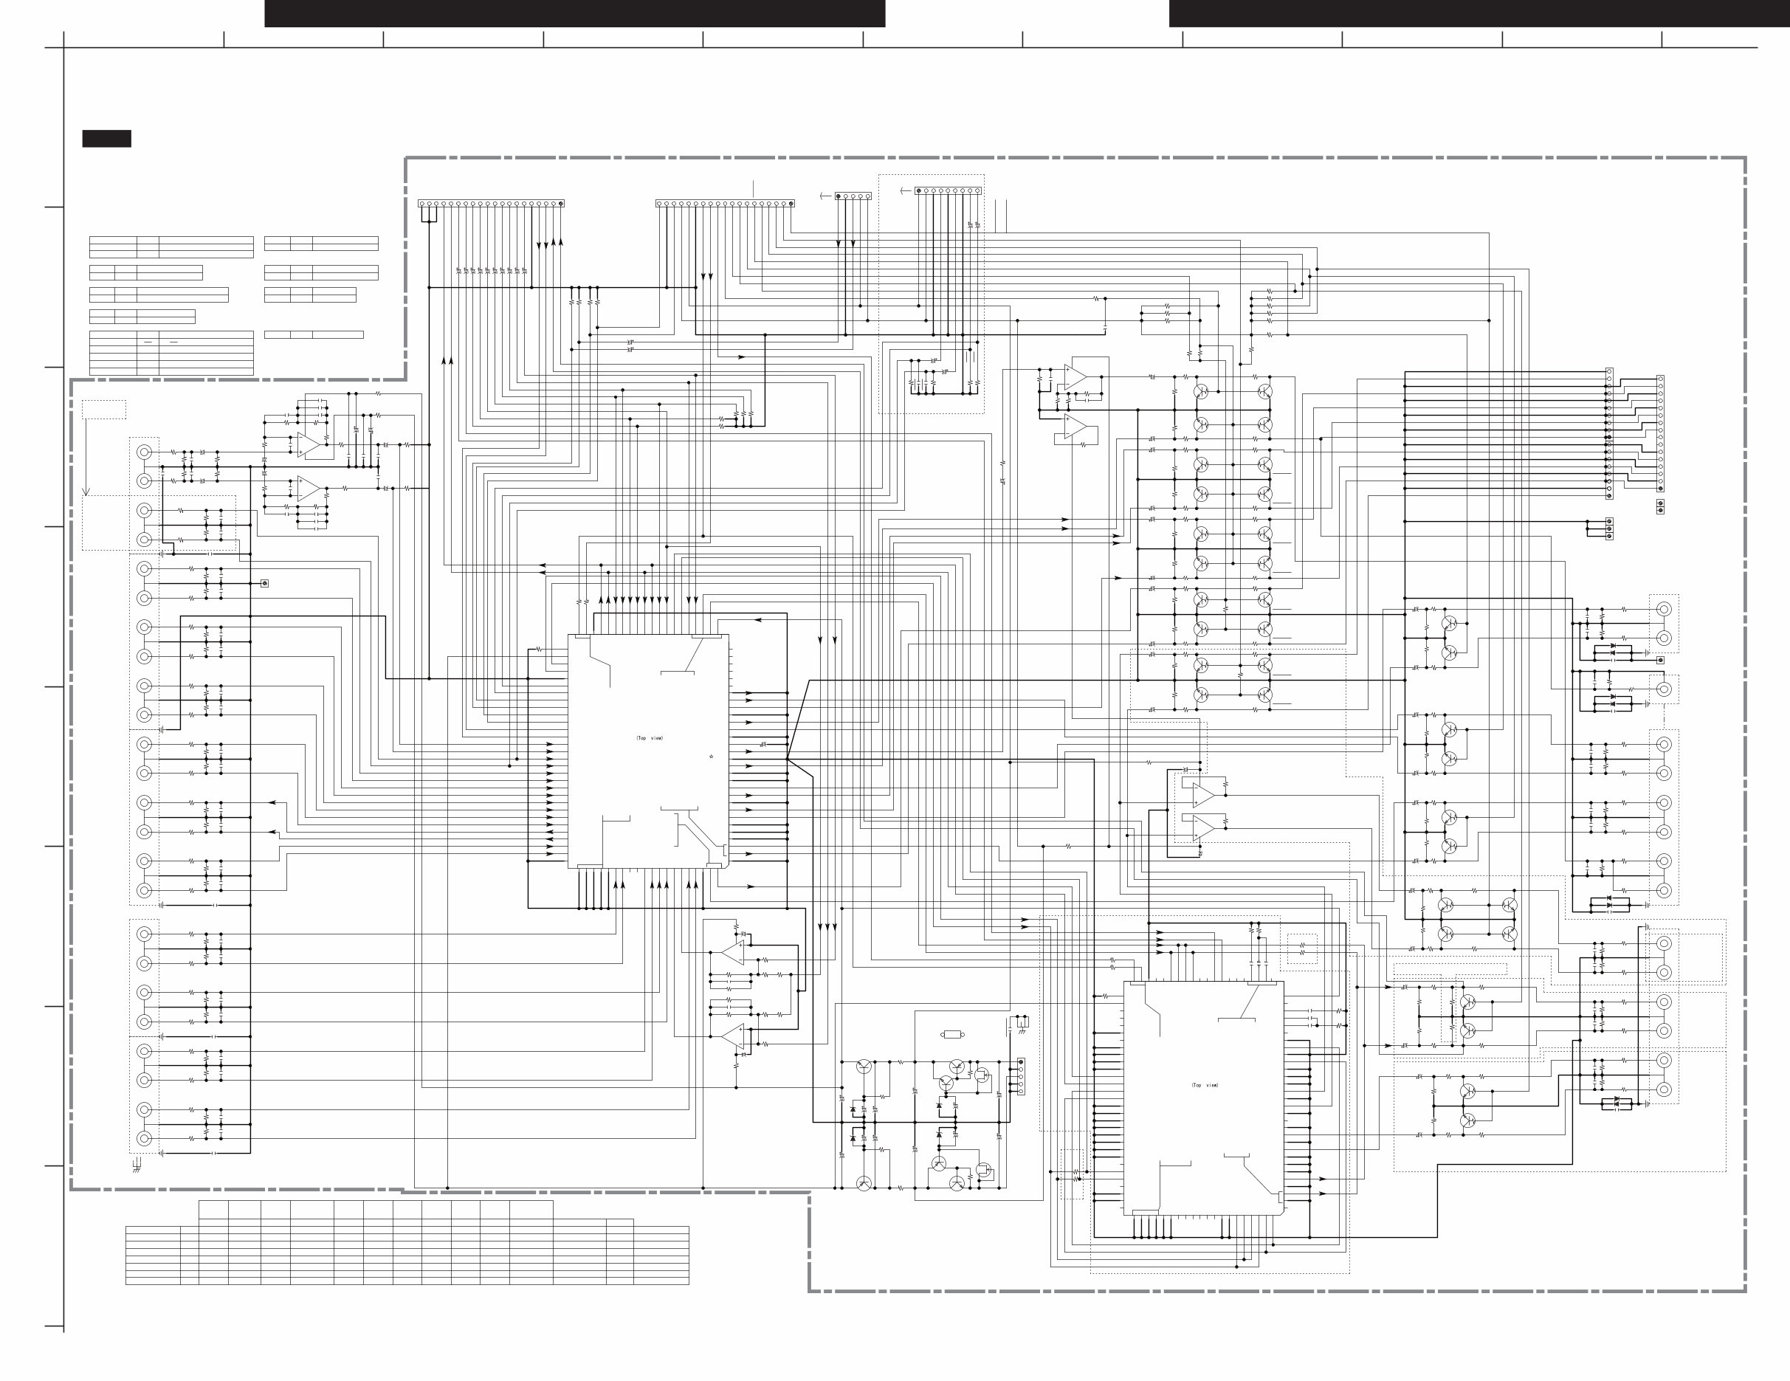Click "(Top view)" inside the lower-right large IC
point(1205,1085)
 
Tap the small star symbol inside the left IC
point(712,757)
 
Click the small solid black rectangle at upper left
point(106,139)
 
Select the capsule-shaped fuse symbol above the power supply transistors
point(951,1034)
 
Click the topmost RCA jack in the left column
point(145,452)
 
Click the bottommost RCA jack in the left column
point(145,1138)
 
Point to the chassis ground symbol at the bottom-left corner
point(136,1166)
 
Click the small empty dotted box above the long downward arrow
point(104,409)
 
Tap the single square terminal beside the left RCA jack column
point(264,584)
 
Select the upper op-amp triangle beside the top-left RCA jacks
point(308,443)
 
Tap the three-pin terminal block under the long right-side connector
point(1609,528)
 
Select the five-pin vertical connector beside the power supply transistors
point(1019,1076)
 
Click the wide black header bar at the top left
point(574,13)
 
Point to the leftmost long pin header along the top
point(491,203)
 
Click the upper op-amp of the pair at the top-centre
point(1075,376)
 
